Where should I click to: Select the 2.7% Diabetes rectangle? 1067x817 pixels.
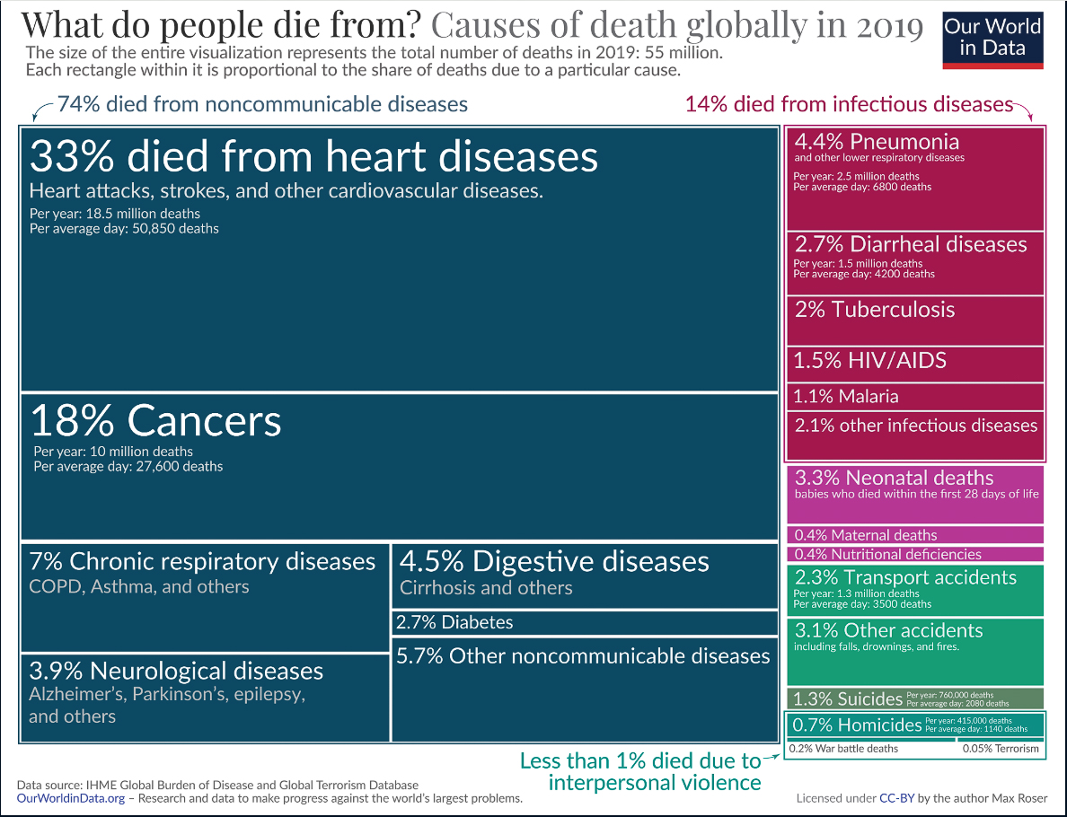pos(584,622)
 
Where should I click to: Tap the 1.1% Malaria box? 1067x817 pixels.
pos(915,396)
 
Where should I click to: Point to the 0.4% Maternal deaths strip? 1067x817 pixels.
pos(915,535)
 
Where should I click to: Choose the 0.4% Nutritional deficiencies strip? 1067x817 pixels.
pos(915,554)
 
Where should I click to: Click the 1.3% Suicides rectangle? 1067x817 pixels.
pos(915,698)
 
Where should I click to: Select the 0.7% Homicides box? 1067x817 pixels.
pos(915,724)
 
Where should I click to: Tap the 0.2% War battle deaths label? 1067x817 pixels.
pos(843,749)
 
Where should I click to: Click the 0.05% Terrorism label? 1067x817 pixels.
pos(1001,749)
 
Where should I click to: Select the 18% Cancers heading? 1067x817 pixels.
pos(156,421)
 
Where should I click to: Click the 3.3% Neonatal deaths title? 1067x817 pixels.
pos(894,478)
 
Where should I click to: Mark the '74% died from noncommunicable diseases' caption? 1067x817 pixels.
pos(262,104)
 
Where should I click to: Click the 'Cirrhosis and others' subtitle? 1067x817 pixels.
pos(486,588)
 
